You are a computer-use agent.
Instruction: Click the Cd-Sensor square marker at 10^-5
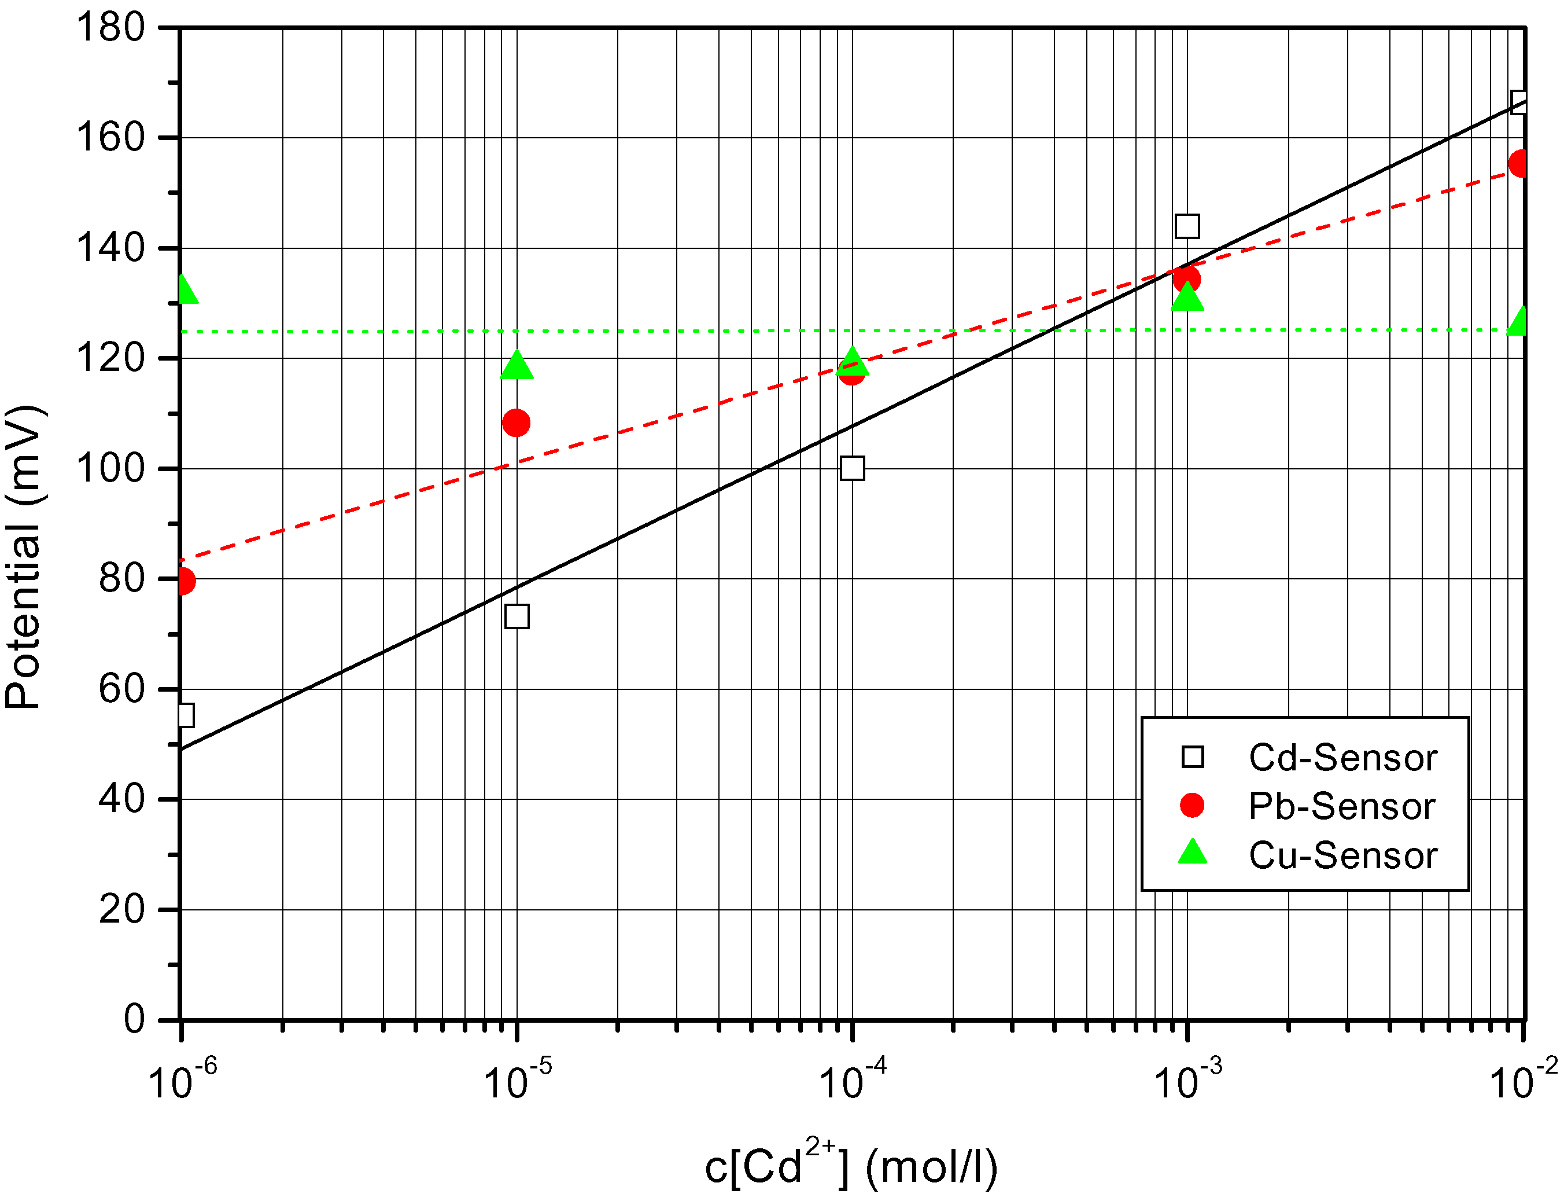(x=517, y=616)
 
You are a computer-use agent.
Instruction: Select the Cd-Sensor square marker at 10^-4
(x=851, y=468)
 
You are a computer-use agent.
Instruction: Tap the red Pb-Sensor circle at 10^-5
(x=516, y=423)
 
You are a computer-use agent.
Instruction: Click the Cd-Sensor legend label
(x=1342, y=758)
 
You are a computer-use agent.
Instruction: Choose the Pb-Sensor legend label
(x=1342, y=806)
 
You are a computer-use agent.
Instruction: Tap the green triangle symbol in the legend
(x=1193, y=853)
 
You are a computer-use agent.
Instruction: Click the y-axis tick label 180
(x=110, y=28)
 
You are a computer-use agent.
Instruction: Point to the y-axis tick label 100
(x=110, y=469)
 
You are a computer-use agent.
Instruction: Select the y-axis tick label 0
(x=134, y=1019)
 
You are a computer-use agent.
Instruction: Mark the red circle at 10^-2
(x=1519, y=164)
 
